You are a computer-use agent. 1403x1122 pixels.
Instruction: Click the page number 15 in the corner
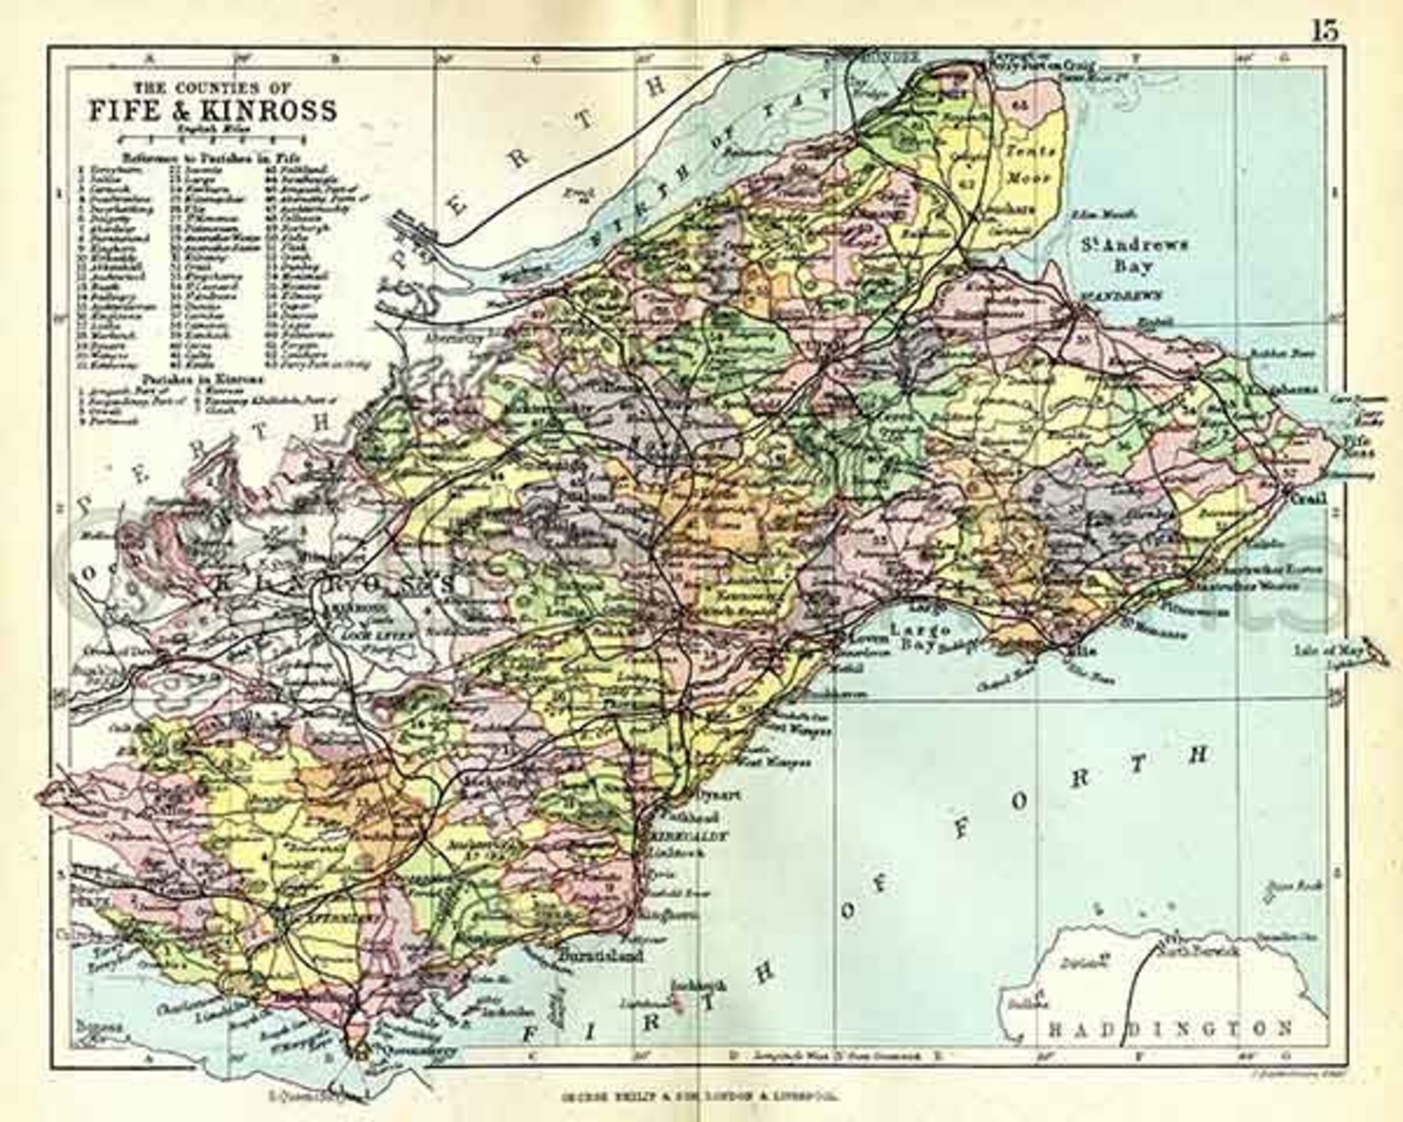[1325, 30]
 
